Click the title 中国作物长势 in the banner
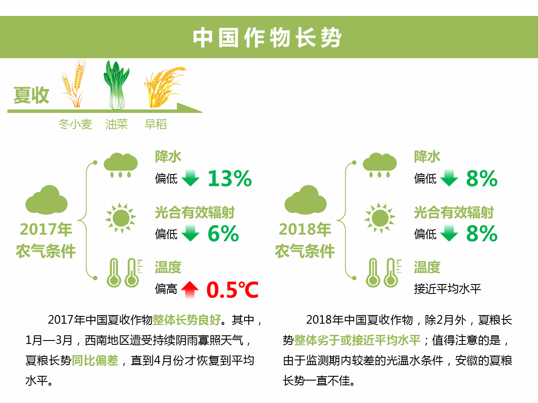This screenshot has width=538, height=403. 267,37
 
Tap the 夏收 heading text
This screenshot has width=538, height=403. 31,95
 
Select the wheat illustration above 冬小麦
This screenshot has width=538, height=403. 74,82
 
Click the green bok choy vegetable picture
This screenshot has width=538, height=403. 116,85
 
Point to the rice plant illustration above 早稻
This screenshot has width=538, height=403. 164,87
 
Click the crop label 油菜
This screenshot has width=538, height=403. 117,124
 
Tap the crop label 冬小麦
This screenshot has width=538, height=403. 75,124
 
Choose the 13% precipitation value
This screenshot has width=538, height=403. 230,178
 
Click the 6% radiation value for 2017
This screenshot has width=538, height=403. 223,234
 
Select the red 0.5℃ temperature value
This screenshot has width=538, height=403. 232,290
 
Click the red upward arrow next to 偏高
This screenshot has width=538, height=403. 190,290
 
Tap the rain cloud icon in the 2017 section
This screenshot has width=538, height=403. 121,165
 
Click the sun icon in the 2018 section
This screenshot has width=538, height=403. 380,218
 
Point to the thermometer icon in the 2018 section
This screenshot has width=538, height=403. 383,273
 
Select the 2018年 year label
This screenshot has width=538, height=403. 305,229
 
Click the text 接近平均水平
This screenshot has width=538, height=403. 448,289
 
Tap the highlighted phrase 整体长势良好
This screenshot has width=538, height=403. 186,320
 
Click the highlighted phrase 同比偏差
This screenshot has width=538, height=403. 95,360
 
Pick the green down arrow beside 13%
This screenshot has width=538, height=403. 190,178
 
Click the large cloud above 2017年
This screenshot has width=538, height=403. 46,200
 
